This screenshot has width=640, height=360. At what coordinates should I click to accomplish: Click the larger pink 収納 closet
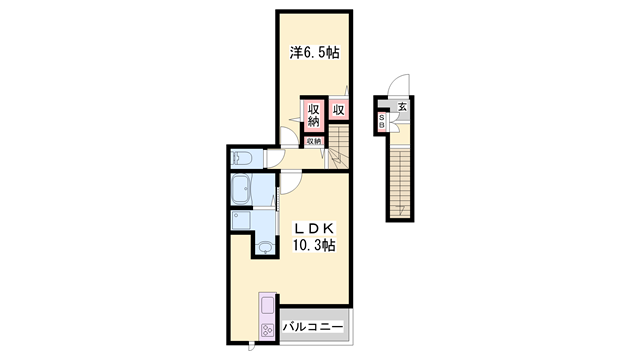tap(313, 115)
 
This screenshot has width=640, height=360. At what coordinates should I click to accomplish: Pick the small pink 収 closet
tap(340, 110)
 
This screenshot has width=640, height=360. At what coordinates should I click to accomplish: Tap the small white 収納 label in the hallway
tap(313, 141)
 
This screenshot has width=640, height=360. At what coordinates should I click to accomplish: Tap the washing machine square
tap(241, 220)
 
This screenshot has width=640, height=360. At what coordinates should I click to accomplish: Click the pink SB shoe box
tap(383, 120)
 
